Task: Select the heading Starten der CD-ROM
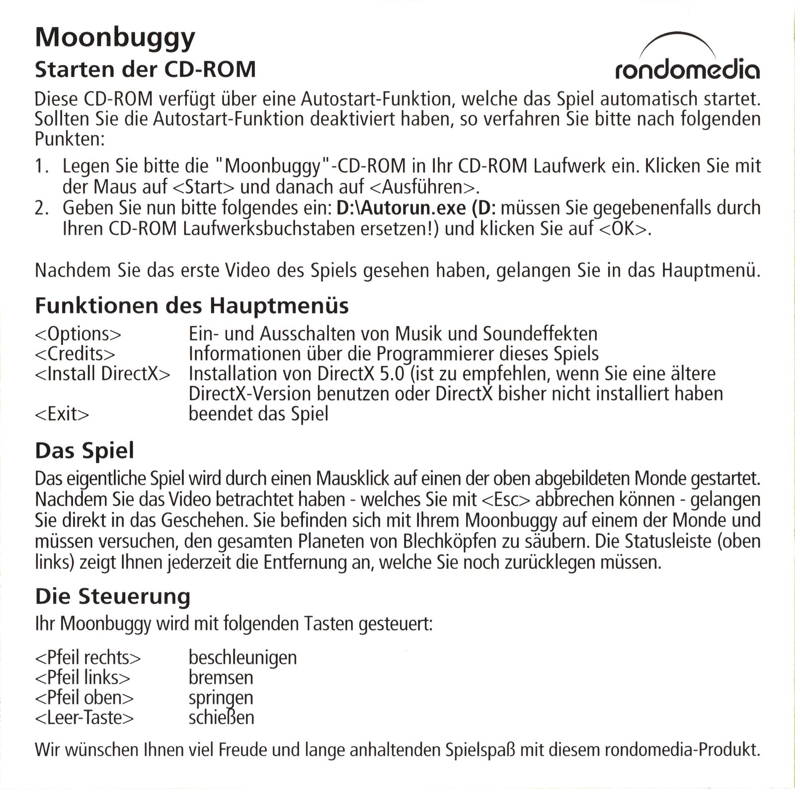click(145, 70)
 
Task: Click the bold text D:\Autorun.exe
click(401, 207)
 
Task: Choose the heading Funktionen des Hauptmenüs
click(192, 306)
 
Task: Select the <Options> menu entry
click(78, 334)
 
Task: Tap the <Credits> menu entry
click(75, 354)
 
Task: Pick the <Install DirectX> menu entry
click(102, 374)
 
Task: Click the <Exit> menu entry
click(62, 413)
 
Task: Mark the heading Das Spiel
click(84, 451)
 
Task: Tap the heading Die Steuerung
click(113, 596)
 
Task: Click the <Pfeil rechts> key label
click(88, 658)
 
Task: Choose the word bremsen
click(221, 678)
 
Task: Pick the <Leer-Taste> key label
click(84, 717)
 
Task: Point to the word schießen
click(221, 717)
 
